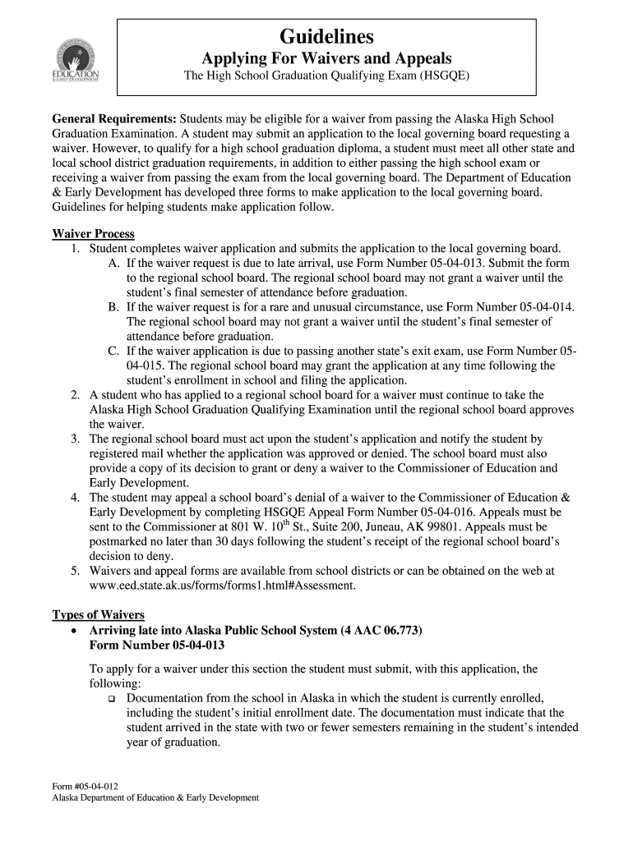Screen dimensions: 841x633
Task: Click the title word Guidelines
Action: point(326,37)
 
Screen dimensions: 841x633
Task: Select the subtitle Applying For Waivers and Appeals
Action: point(326,59)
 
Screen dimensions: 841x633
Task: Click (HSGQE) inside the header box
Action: point(445,79)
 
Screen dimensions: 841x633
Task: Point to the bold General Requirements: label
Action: point(114,119)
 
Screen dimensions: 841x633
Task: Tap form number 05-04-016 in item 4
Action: point(434,512)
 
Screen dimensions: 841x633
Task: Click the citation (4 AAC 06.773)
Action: point(382,631)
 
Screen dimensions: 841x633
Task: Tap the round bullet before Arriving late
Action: point(75,632)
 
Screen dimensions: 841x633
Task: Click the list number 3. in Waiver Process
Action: point(75,439)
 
